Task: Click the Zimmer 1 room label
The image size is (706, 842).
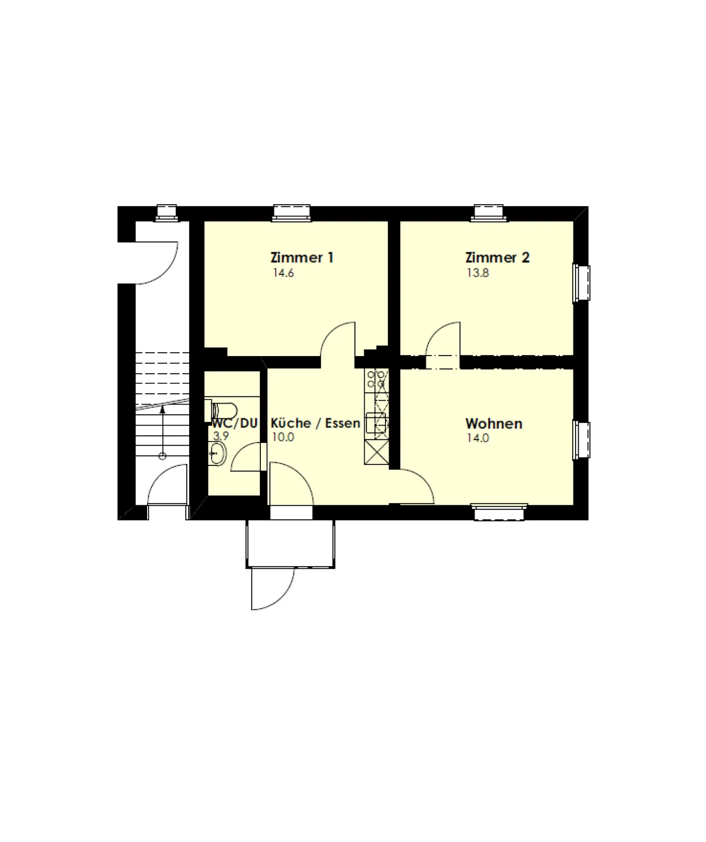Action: point(302,258)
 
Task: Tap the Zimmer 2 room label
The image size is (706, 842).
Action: point(497,258)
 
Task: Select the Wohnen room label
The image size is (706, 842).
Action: point(494,423)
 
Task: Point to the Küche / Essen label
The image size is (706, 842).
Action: point(315,423)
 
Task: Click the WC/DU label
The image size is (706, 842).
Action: point(235,423)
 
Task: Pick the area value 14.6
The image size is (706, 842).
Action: point(283,273)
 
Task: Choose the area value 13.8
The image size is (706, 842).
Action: point(478,273)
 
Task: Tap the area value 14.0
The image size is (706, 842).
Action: point(478,438)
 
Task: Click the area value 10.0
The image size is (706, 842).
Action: point(283,437)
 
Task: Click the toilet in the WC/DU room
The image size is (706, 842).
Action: point(225,409)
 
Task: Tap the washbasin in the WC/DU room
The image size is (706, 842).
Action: point(218,453)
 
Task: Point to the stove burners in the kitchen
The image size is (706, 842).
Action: point(376,379)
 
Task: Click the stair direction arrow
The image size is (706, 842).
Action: point(162,431)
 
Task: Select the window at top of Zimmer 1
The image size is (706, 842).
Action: point(292,212)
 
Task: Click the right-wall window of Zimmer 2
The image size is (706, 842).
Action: point(582,283)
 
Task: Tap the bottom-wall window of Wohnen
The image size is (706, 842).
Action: point(500,512)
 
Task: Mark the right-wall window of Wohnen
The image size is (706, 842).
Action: point(582,440)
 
